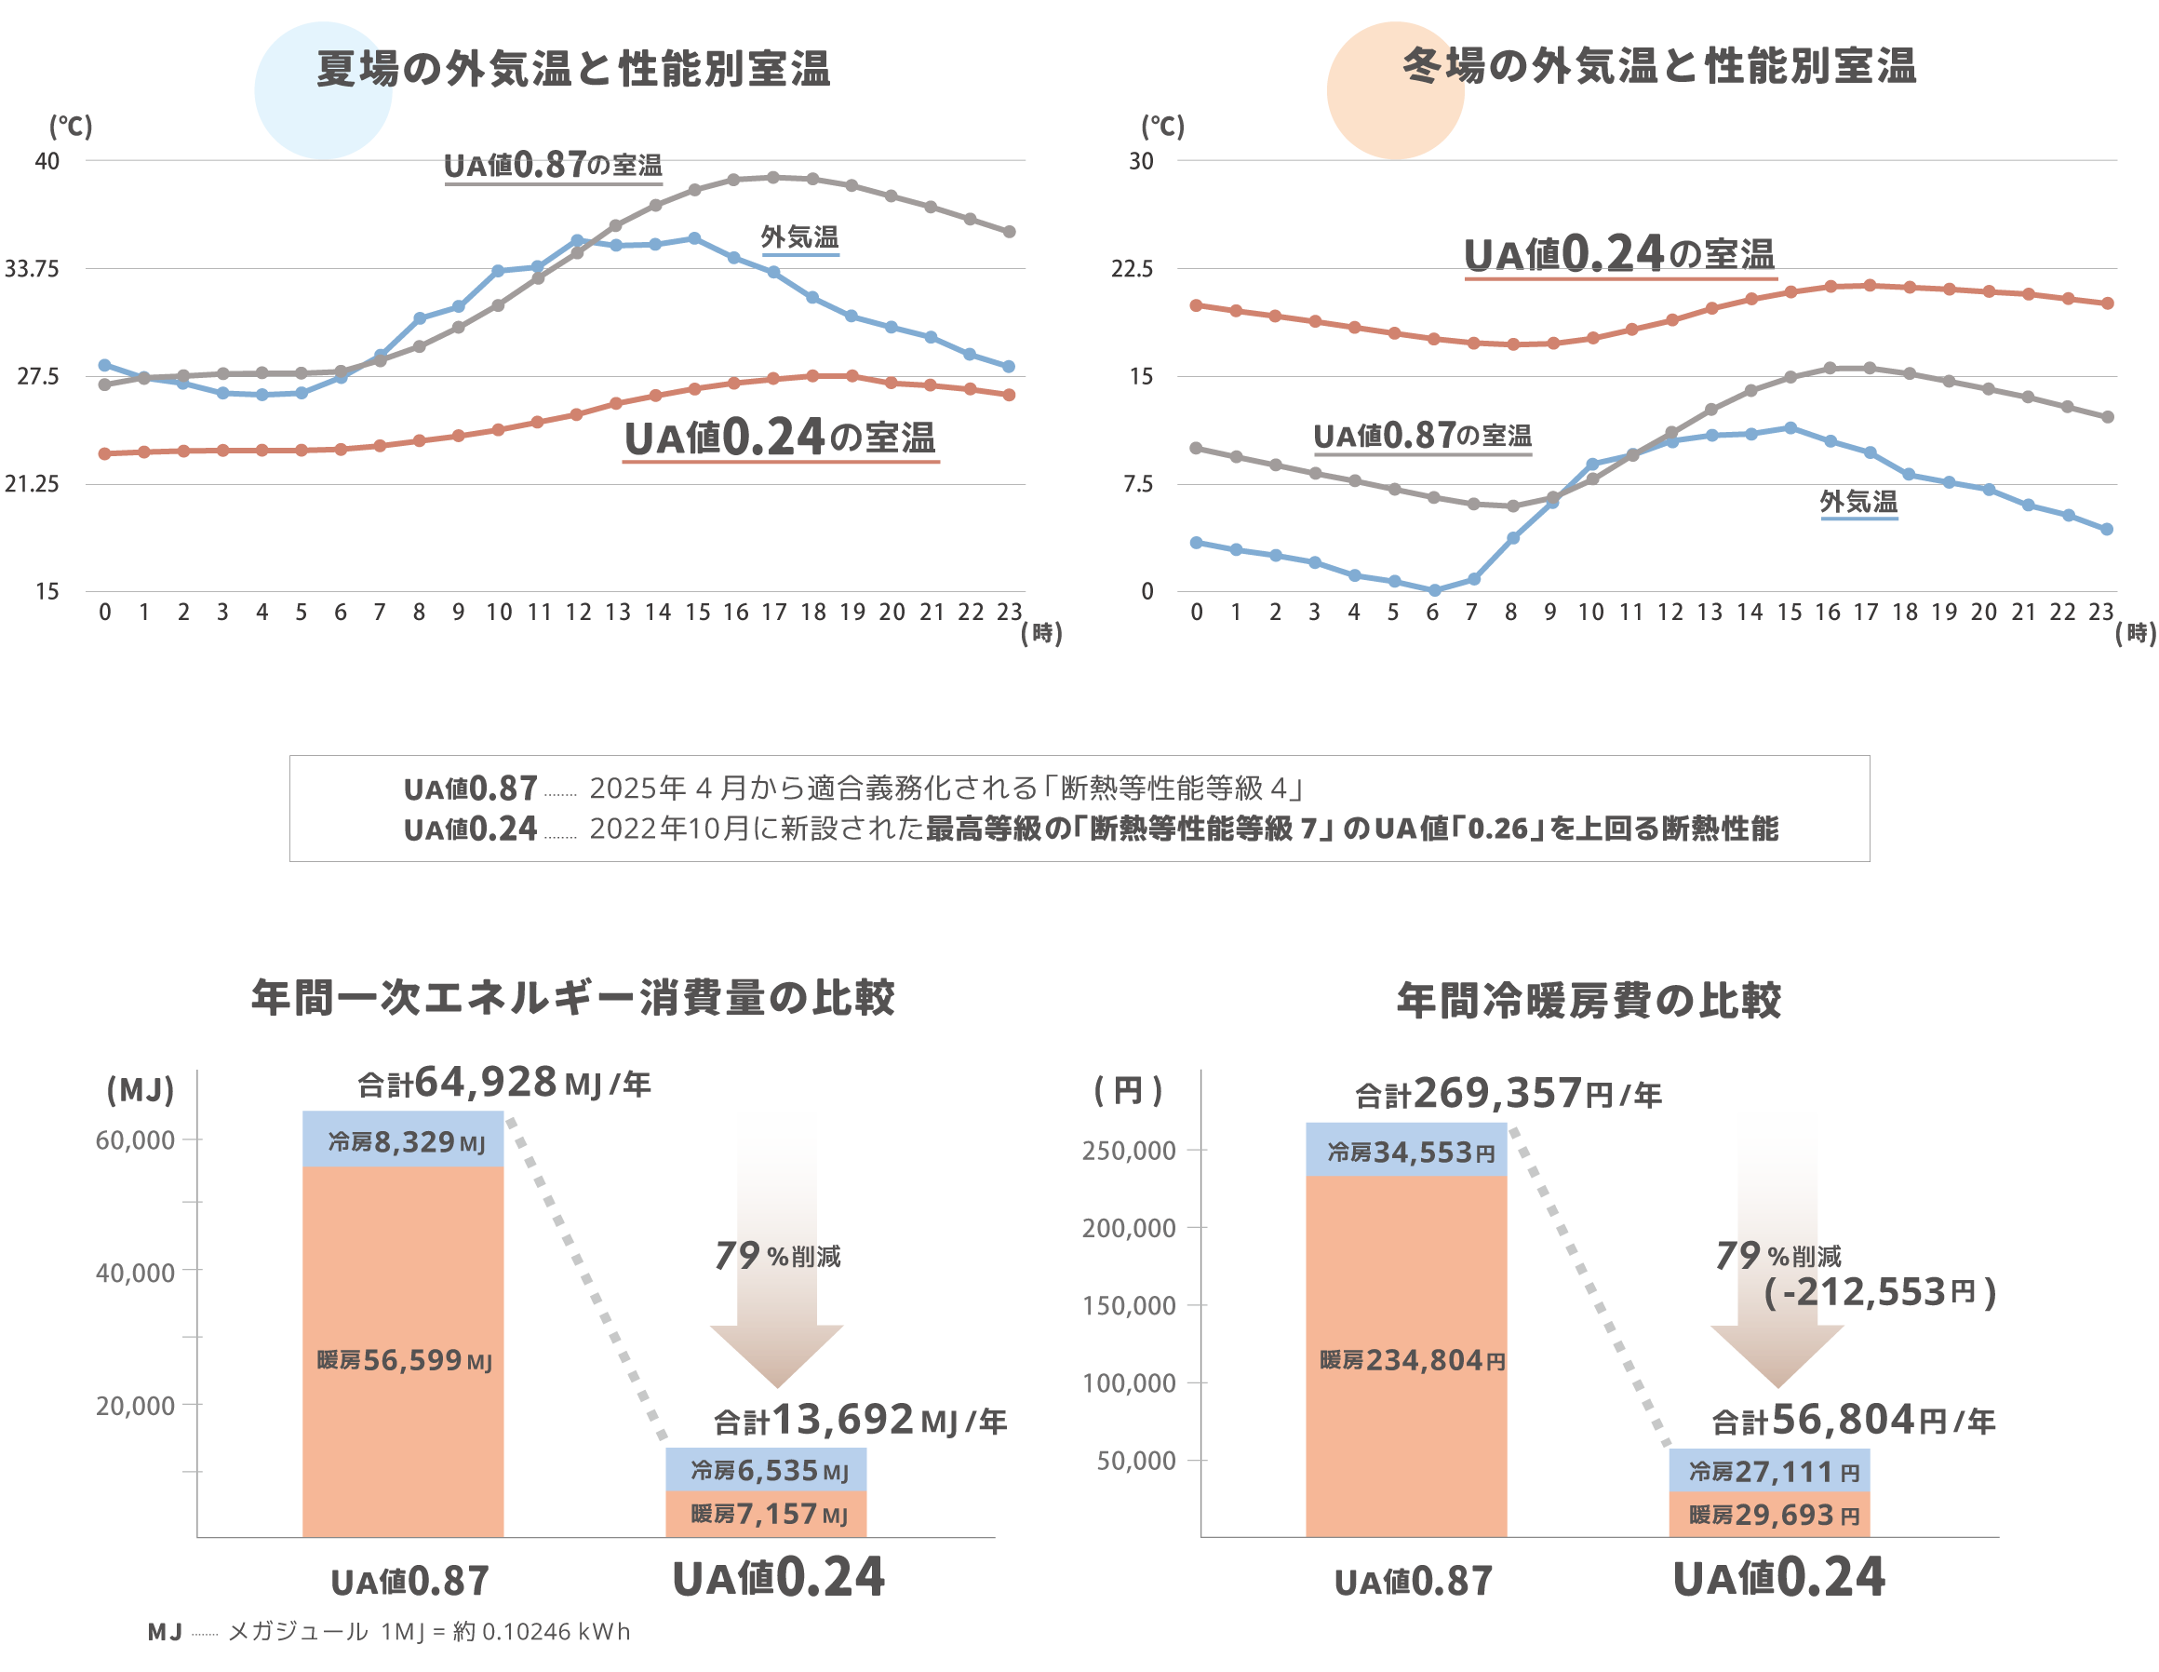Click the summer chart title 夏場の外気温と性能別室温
click(x=573, y=69)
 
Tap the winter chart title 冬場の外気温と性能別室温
click(x=1658, y=66)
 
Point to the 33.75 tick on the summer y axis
click(x=32, y=269)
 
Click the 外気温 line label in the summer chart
click(x=798, y=237)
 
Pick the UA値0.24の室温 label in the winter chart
click(x=1619, y=255)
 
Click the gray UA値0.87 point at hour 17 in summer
click(x=773, y=178)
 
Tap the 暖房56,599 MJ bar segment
click(x=403, y=1359)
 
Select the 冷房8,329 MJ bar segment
click(x=403, y=1142)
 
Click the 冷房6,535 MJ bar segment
click(x=766, y=1470)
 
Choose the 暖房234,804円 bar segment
click(x=1407, y=1359)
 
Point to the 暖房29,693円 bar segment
click(x=1769, y=1515)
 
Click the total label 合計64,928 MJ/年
click(x=504, y=1084)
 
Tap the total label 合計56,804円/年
click(x=1854, y=1421)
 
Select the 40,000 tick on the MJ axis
click(x=136, y=1273)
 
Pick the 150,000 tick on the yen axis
click(x=1129, y=1305)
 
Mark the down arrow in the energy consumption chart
click(x=777, y=1246)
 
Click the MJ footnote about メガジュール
click(x=388, y=1631)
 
